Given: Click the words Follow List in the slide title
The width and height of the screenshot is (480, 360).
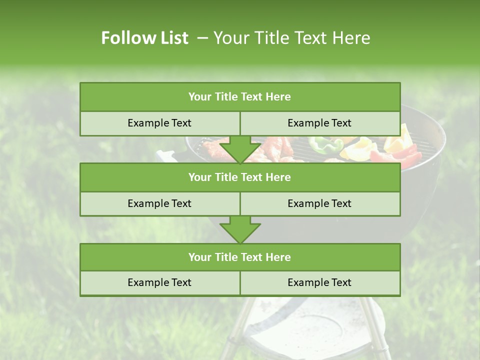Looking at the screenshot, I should pos(144,38).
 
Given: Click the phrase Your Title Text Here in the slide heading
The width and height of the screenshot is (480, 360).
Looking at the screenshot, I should pos(291,38).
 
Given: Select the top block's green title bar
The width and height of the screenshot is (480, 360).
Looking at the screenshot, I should pos(240,97).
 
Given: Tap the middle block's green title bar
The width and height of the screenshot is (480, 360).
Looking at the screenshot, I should pos(240,177).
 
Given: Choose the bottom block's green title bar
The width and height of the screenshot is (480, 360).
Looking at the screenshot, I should pos(240,257).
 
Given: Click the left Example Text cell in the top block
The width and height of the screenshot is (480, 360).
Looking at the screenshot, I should pos(159,123).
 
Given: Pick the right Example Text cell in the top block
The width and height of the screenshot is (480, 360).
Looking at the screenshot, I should pos(319,123).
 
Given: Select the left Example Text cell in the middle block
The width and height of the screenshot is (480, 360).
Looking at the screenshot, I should pos(159,203).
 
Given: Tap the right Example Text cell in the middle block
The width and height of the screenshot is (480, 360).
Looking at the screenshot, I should pos(319,203).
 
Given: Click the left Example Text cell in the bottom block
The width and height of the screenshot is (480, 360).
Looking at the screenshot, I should pos(159,282).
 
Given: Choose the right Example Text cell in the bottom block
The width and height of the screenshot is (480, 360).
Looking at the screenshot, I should pos(319,282).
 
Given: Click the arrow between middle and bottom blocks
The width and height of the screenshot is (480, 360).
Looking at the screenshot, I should pos(240,229).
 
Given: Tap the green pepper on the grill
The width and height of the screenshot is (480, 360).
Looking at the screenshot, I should pos(325,144).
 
